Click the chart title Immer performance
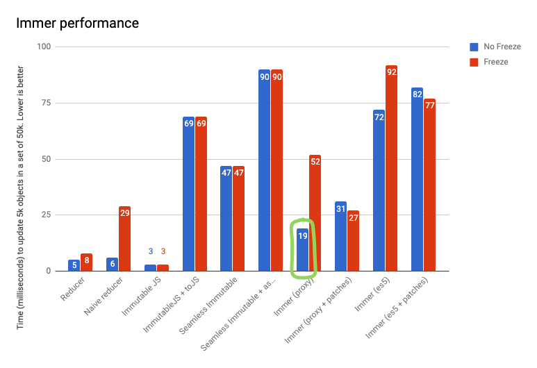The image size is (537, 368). [77, 24]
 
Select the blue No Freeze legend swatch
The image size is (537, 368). [474, 47]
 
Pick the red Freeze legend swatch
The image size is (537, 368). [474, 62]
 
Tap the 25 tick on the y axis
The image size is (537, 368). [45, 215]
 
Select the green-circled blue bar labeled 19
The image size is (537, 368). [302, 250]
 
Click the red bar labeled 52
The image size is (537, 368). [315, 212]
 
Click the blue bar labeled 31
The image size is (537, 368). [340, 236]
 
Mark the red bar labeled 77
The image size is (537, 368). [429, 185]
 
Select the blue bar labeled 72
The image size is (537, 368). [379, 190]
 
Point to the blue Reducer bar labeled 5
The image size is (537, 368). [74, 265]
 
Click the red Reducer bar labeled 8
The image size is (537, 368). [86, 262]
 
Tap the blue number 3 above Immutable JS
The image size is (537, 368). [150, 251]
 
